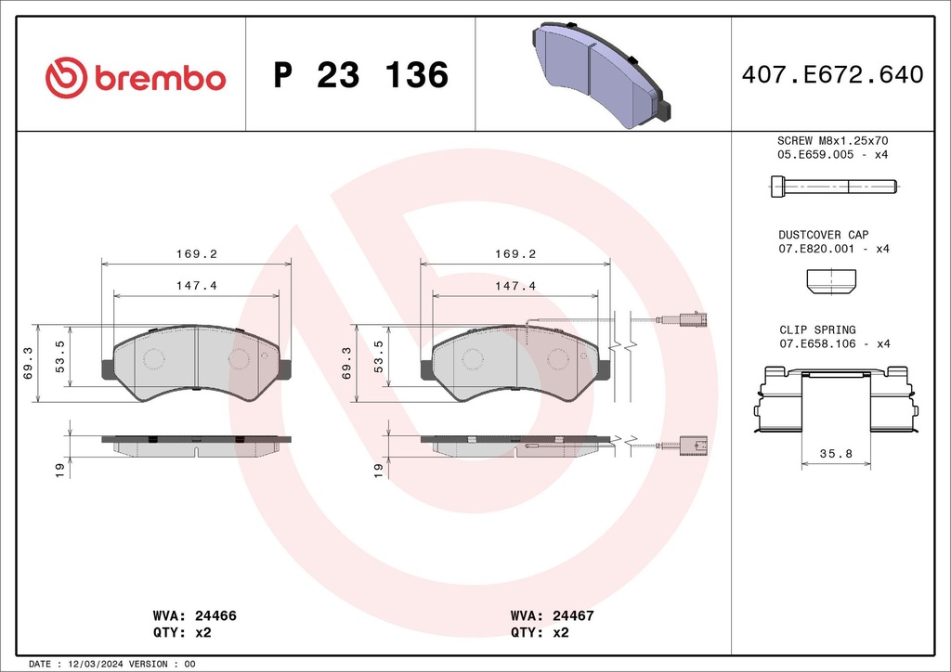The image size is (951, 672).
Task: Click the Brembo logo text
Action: pos(159,78)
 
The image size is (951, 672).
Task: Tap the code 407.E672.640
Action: pos(832,75)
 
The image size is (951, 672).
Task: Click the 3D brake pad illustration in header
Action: pos(603,74)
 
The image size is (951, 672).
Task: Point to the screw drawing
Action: pos(832,187)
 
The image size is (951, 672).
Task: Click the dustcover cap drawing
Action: pos(832,281)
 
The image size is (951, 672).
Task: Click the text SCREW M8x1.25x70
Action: pos(832,140)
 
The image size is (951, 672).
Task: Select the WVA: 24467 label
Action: pos(553,615)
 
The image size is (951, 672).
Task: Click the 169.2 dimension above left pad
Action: pos(196,252)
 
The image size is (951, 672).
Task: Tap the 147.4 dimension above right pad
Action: pos(516,286)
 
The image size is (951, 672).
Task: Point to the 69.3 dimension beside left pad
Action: pos(28,364)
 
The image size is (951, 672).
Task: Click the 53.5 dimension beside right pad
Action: pos(380,355)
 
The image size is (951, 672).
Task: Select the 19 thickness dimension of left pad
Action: pos(58,471)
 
